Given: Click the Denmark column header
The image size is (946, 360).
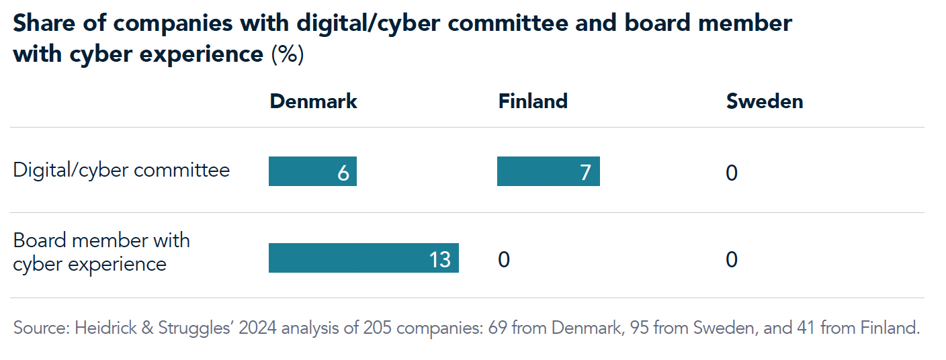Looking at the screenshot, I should tap(313, 101).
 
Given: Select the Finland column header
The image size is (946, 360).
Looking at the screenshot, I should tap(533, 101).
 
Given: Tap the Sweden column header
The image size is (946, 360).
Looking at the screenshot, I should tap(765, 101).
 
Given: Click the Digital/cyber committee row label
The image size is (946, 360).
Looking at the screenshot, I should tap(122, 171).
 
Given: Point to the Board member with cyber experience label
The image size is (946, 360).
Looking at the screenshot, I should tap(101, 252).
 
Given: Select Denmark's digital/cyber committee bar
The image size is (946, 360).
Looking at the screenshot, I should tap(312, 171).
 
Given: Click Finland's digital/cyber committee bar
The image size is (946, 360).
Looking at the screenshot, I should tap(548, 171).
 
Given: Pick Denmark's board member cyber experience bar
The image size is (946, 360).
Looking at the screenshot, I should tap(363, 258).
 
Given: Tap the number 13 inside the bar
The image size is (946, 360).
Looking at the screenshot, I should tap(439, 259).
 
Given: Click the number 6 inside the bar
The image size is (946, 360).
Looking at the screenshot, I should tap(343, 173).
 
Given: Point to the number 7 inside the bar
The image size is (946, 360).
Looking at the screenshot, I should tap(585, 173).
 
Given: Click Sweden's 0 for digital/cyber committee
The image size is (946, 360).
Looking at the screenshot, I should tap(732, 173).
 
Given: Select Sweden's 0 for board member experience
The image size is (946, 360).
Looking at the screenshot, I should tap(732, 259).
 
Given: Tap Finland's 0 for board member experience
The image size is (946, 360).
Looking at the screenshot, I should tap(504, 259).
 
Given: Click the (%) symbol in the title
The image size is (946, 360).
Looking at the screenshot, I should tap(287, 54).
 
